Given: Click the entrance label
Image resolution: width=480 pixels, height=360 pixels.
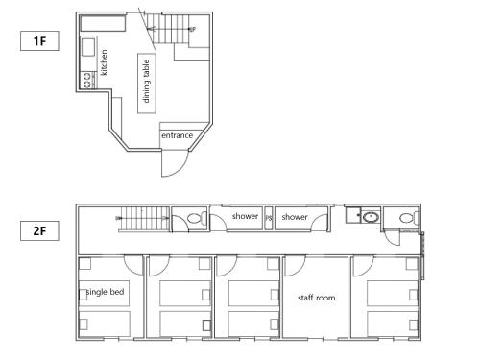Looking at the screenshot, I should point(177,135).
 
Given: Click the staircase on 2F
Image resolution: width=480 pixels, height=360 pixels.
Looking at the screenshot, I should point(143,219).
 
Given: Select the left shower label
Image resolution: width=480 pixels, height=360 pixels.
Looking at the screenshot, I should point(245,217).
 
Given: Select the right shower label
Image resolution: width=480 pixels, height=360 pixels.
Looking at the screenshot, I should point(295,217).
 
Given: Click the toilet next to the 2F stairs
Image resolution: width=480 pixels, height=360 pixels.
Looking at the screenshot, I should point(195,219).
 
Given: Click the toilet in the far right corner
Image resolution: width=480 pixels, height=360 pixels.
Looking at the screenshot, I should point(406,218).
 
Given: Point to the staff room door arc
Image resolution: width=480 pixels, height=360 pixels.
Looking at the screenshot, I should point(295,264).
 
